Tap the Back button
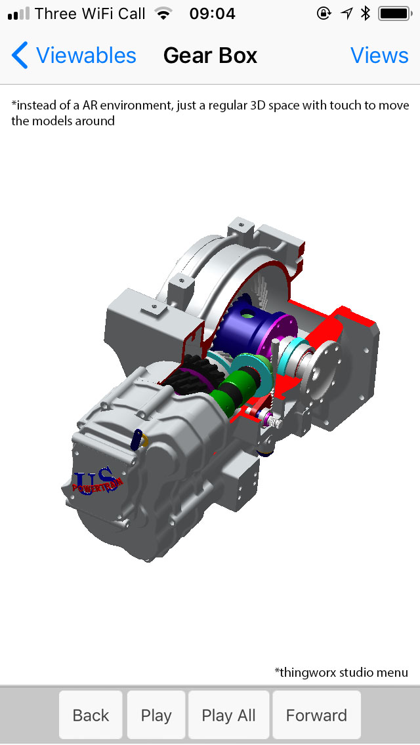[x=91, y=715]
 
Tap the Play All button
[x=228, y=715]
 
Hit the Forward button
[x=316, y=715]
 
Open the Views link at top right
[x=379, y=56]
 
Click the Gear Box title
[x=210, y=56]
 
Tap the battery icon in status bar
[x=394, y=13]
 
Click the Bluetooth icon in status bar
[x=366, y=13]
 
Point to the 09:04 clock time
[x=211, y=13]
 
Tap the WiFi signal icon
[x=164, y=13]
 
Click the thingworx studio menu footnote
[x=341, y=672]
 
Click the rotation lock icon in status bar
[x=324, y=13]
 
